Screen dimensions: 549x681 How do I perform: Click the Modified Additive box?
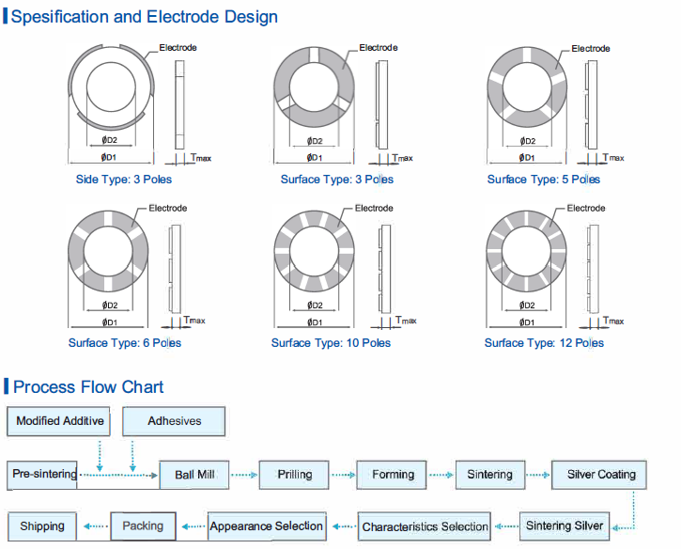pyautogui.click(x=59, y=421)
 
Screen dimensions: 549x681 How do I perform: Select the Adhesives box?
pyautogui.click(x=175, y=421)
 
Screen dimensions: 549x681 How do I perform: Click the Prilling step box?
pyautogui.click(x=295, y=475)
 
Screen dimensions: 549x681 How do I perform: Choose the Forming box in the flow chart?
pyautogui.click(x=393, y=475)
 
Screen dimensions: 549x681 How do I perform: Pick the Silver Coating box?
pyautogui.click(x=601, y=475)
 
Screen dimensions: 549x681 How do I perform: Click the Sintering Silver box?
pyautogui.click(x=565, y=525)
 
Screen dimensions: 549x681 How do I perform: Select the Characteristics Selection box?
pyautogui.click(x=426, y=526)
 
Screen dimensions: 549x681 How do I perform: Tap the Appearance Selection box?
pyautogui.click(x=267, y=526)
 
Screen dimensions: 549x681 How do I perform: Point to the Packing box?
pyautogui.click(x=143, y=525)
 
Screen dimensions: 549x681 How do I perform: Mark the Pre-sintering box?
pyautogui.click(x=44, y=475)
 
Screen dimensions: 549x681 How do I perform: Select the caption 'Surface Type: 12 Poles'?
pyautogui.click(x=544, y=343)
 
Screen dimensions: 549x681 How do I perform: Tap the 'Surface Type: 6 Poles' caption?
pyautogui.click(x=125, y=343)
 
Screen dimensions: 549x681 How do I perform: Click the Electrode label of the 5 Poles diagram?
pyautogui.click(x=591, y=49)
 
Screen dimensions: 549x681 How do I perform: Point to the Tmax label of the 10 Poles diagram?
pyautogui.click(x=406, y=321)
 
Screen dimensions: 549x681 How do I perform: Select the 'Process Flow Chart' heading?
pyautogui.click(x=88, y=387)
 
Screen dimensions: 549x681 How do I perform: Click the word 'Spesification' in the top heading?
pyautogui.click(x=63, y=17)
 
